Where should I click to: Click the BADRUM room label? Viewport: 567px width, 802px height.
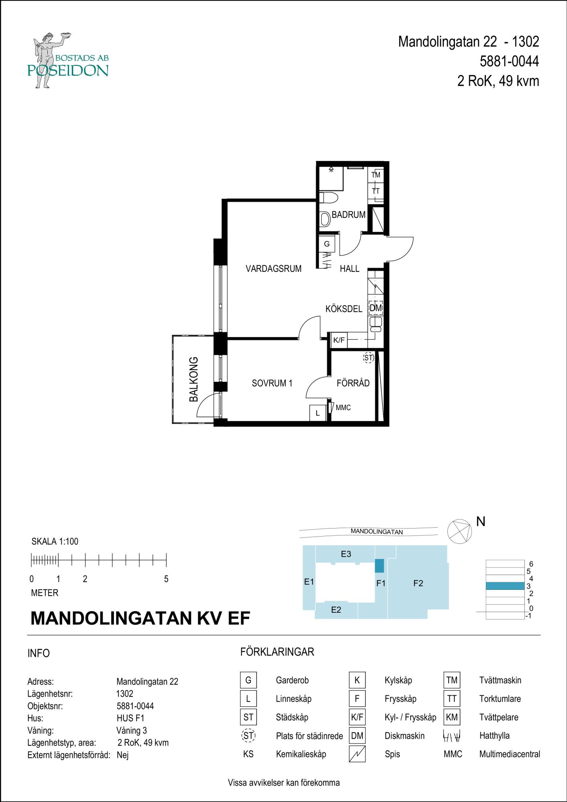[x=348, y=215]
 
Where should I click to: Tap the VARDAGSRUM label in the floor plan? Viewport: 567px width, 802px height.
[x=274, y=269]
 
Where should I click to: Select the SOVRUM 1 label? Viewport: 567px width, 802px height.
[x=272, y=383]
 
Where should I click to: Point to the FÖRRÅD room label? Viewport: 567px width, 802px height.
[x=353, y=383]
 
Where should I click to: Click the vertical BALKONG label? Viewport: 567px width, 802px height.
[x=194, y=379]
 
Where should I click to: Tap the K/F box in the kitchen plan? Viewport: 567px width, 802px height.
[x=339, y=340]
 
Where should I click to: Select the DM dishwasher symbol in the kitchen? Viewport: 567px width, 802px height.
[x=376, y=308]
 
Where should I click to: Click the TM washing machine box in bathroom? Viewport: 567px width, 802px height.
[x=376, y=175]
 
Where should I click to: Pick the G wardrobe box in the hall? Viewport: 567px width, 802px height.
[x=327, y=244]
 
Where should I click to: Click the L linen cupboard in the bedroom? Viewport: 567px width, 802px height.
[x=317, y=413]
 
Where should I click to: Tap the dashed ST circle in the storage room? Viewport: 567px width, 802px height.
[x=368, y=358]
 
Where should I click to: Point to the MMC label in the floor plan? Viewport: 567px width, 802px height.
[x=343, y=408]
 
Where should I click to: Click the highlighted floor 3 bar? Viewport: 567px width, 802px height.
[x=505, y=586]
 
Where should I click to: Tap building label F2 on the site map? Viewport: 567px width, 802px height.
[x=418, y=583]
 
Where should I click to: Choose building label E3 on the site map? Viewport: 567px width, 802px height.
[x=346, y=554]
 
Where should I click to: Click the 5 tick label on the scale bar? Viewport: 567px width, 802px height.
[x=166, y=579]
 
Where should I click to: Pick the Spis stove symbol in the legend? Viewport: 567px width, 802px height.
[x=357, y=754]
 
